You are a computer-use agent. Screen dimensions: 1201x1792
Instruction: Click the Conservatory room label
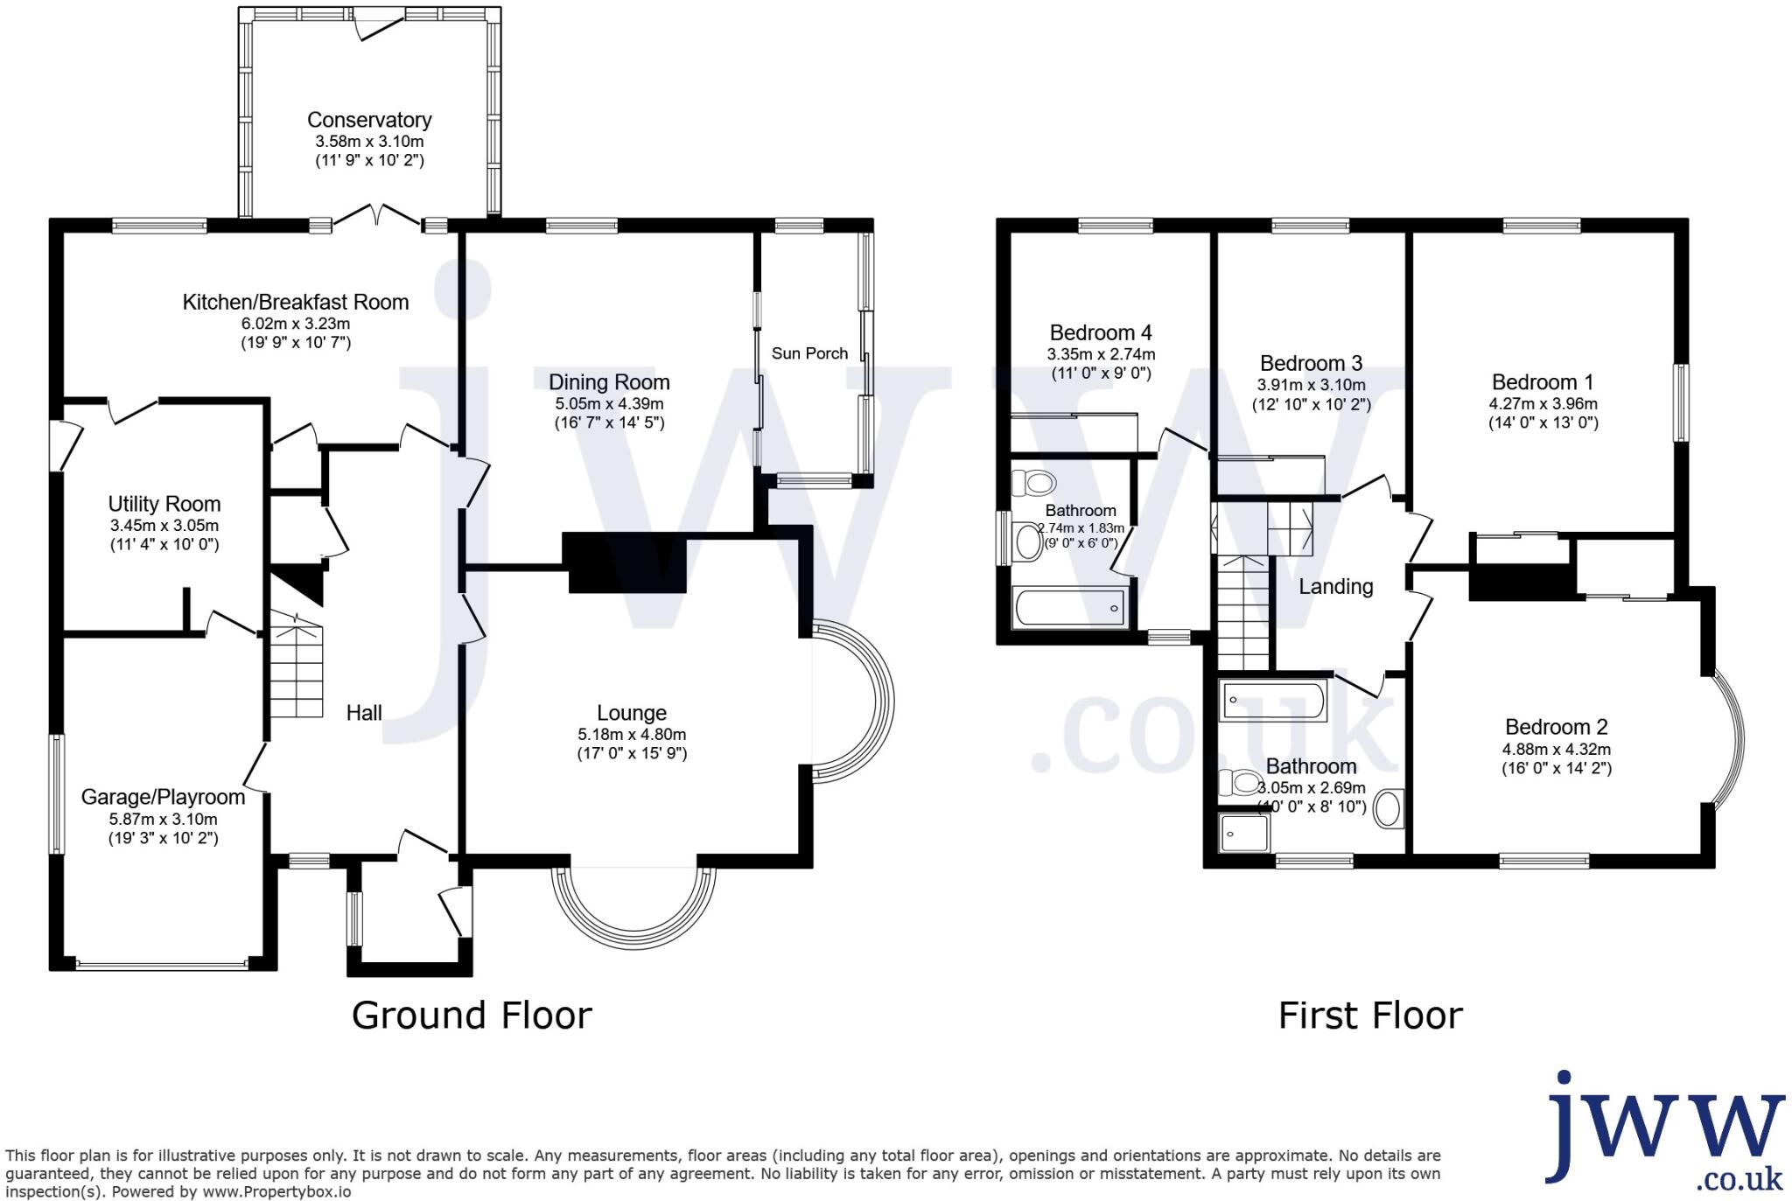pyautogui.click(x=369, y=120)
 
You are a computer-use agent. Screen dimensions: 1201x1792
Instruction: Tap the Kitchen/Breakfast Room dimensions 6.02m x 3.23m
pyautogui.click(x=295, y=324)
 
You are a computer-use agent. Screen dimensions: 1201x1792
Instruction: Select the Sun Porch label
pyautogui.click(x=809, y=353)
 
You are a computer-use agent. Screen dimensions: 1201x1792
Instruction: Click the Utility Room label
pyautogui.click(x=164, y=504)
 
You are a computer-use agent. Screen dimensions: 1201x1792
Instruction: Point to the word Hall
pyautogui.click(x=364, y=713)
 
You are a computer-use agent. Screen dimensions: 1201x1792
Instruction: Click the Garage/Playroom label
pyautogui.click(x=163, y=797)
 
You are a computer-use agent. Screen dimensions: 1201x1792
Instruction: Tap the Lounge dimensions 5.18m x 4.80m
pyautogui.click(x=631, y=735)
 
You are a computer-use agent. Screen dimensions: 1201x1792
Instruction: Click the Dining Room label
pyautogui.click(x=609, y=382)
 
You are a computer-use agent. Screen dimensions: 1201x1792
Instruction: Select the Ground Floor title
pyautogui.click(x=472, y=1016)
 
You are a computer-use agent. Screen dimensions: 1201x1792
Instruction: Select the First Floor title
pyautogui.click(x=1369, y=1016)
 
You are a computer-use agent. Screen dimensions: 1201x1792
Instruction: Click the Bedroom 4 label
pyautogui.click(x=1100, y=332)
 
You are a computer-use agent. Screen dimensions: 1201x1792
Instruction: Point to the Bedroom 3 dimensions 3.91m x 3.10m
pyautogui.click(x=1311, y=385)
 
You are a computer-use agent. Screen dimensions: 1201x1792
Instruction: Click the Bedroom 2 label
pyautogui.click(x=1556, y=727)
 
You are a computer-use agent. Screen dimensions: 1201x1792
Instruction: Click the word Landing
pyautogui.click(x=1335, y=587)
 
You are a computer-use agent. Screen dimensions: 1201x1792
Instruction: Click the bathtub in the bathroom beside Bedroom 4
pyautogui.click(x=1068, y=607)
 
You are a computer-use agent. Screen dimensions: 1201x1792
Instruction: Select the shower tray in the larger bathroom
pyautogui.click(x=1243, y=833)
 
